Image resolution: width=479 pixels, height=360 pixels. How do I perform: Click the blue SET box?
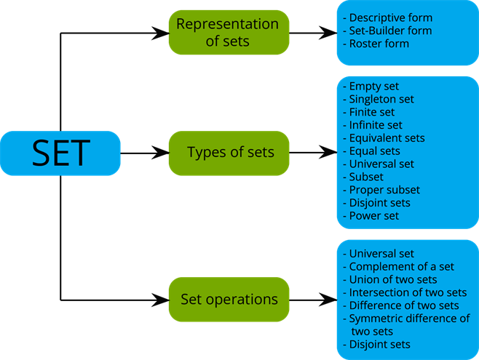pyautogui.click(x=60, y=153)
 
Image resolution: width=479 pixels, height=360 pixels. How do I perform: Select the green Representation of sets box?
pyautogui.click(x=228, y=33)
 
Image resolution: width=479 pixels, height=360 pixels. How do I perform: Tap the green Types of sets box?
pyautogui.click(x=229, y=153)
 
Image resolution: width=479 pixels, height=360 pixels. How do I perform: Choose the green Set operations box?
pyautogui.click(x=229, y=299)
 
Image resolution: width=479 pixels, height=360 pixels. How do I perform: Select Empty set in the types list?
pyautogui.click(x=373, y=87)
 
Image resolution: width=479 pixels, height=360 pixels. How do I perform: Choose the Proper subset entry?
pyautogui.click(x=384, y=190)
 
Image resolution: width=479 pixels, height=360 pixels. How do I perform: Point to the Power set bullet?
pyautogui.click(x=373, y=216)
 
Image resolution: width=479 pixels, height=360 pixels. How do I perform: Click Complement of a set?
pyautogui.click(x=401, y=267)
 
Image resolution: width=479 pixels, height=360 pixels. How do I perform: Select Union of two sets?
pyautogui.click(x=392, y=280)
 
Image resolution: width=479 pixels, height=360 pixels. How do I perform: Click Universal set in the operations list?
pyautogui.click(x=381, y=254)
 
